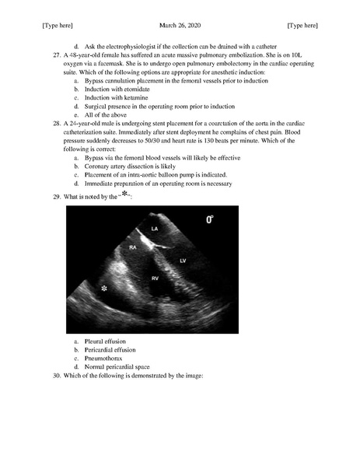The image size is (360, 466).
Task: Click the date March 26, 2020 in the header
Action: click(x=179, y=26)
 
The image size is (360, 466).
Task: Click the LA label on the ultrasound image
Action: click(x=155, y=229)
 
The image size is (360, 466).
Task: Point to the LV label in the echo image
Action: click(x=183, y=260)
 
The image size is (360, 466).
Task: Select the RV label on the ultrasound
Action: click(x=156, y=277)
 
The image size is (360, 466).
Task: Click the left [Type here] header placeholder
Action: click(x=58, y=26)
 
